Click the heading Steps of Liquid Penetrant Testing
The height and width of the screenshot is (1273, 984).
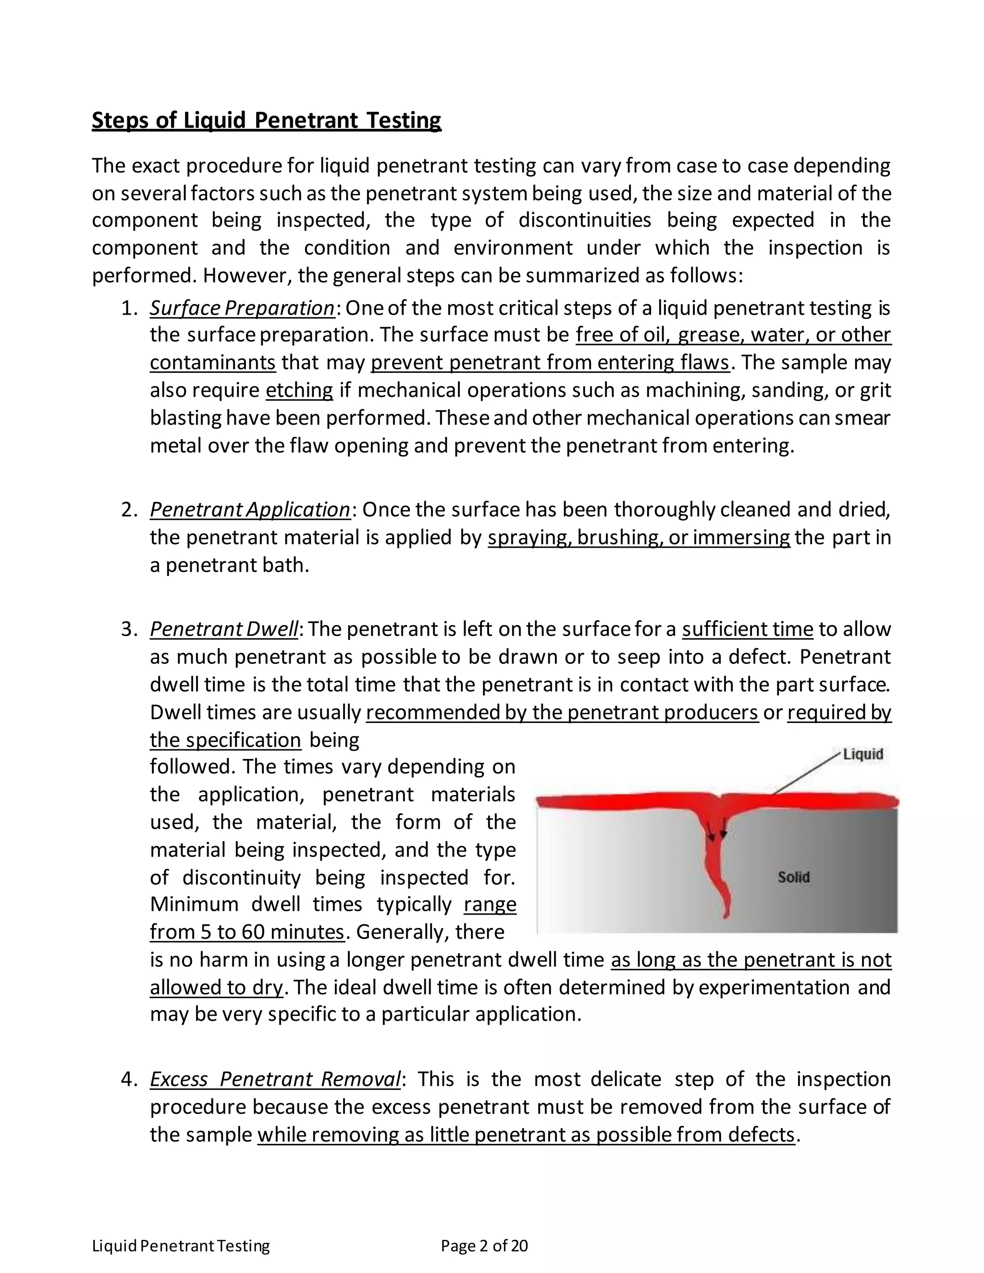[x=266, y=120]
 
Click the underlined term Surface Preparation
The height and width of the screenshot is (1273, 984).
[x=242, y=308]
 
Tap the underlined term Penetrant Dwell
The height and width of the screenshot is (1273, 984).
[x=224, y=629]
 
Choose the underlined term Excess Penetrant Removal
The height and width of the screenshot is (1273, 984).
[x=275, y=1079]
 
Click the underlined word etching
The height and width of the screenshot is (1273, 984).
[x=299, y=390]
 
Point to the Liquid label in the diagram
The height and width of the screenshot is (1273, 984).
[x=863, y=754]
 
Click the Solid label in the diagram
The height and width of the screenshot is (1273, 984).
[x=793, y=877]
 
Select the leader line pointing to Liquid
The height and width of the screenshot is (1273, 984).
[x=807, y=774]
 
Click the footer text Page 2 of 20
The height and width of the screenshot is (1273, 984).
[x=484, y=1246]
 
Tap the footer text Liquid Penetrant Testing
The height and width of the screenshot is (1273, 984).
[x=181, y=1246]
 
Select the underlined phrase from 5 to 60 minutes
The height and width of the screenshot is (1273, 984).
[x=247, y=931]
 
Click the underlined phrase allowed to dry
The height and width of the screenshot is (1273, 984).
[x=216, y=987]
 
